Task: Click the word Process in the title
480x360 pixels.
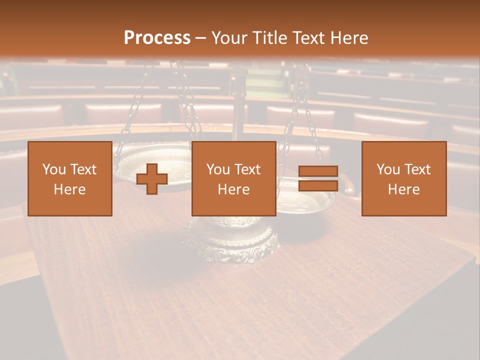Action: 157,38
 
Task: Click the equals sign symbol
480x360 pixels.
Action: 318,178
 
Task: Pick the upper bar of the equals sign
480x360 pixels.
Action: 318,171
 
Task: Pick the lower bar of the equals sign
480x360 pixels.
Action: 318,185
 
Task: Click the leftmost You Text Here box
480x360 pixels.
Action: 69,178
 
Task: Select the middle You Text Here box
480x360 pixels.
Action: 233,178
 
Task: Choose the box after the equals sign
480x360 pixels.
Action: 403,178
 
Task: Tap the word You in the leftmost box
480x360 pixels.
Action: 53,169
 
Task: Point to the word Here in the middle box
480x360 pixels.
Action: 233,189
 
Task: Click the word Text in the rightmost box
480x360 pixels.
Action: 418,169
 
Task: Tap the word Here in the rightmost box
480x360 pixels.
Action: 403,189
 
